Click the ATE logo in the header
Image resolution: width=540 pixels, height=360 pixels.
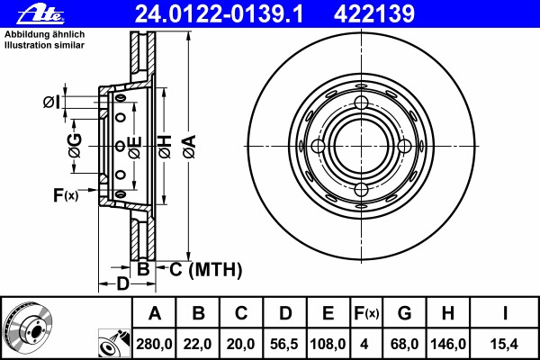[x=40, y=14]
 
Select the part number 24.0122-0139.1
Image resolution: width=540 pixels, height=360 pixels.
[x=219, y=14]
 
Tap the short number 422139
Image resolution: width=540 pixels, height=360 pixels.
[x=374, y=14]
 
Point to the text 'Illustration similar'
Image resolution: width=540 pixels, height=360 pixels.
[x=44, y=45]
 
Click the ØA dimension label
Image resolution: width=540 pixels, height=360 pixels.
[x=190, y=147]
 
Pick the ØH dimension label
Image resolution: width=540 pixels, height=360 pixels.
[x=165, y=147]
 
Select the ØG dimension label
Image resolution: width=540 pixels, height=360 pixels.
[x=75, y=146]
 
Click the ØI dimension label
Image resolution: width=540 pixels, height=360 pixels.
[x=51, y=102]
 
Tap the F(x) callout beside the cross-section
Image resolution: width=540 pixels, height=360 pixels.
[x=66, y=195]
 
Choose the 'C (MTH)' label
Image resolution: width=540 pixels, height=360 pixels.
[x=205, y=269]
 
